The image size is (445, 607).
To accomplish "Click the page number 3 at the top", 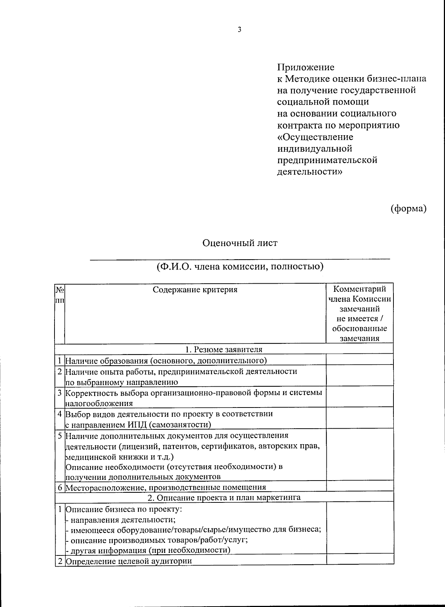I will pos(239,30).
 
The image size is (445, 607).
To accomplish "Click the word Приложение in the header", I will pos(306,67).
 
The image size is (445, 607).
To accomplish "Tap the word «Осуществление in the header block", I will pos(315,137).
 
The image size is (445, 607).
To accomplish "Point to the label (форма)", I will pos(408,209).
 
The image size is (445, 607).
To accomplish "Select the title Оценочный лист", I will pos(240,243).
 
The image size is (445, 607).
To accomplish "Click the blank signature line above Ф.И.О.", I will pos(240,258).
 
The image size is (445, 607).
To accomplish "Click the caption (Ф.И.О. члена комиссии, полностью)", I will pos(240,267).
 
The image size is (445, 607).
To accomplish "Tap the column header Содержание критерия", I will pos(195,290).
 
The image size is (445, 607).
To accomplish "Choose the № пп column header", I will pos(59,294).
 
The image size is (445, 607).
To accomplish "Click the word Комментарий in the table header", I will pos(359,289).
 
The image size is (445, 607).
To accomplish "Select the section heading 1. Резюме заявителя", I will pos(224,349).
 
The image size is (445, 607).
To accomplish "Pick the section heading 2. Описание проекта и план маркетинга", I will pos(224,497).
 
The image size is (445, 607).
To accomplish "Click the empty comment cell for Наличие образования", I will pos(359,360).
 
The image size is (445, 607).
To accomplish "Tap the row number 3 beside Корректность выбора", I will pos(59,392).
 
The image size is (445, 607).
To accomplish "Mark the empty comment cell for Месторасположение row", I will pos(359,486).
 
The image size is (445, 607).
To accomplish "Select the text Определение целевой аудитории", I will pos(129,561).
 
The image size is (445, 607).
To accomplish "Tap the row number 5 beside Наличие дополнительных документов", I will pos(59,435).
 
